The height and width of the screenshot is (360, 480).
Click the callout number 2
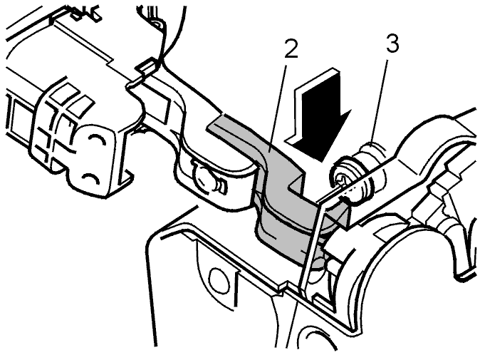(291, 47)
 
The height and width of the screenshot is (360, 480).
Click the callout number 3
(392, 43)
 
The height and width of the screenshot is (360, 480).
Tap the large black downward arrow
(318, 115)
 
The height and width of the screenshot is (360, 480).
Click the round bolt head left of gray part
(204, 177)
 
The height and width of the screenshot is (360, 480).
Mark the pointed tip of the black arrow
(321, 161)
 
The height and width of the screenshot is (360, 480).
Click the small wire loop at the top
(157, 24)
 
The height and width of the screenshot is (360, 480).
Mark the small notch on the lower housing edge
(281, 289)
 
